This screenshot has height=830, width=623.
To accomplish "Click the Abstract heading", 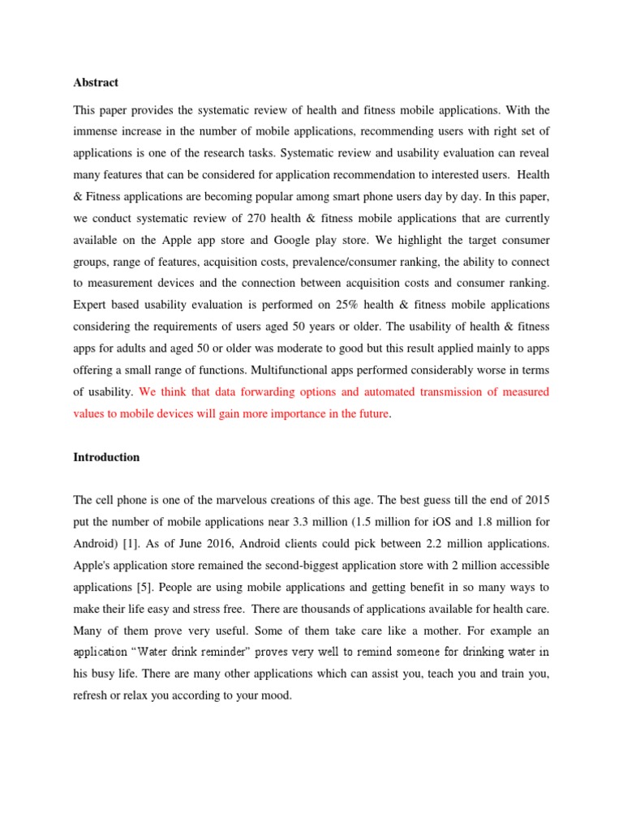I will tap(96, 82).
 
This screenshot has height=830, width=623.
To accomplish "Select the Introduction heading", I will tap(106, 457).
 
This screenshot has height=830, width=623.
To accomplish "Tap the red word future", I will tap(369, 413).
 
